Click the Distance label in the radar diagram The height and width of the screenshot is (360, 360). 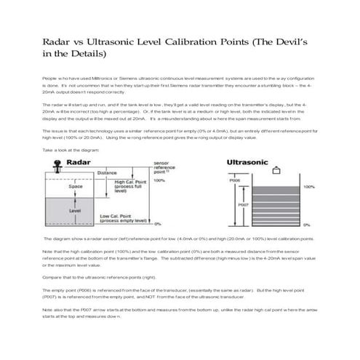click(x=106, y=173)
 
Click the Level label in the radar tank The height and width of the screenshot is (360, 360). click(x=75, y=210)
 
